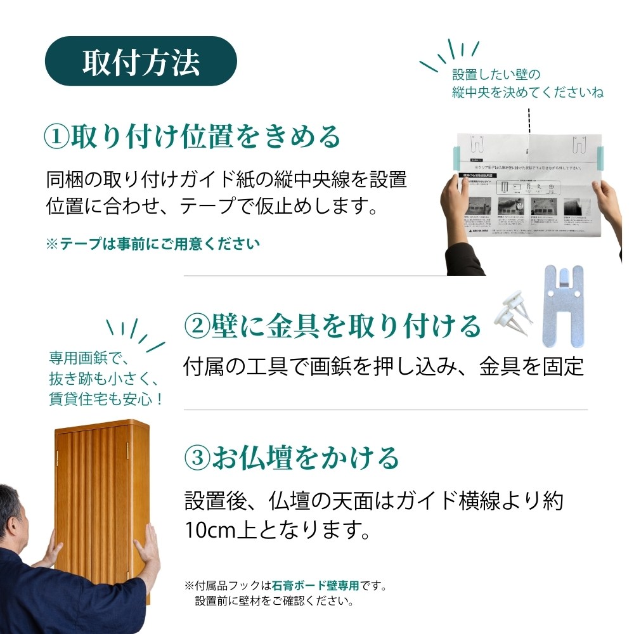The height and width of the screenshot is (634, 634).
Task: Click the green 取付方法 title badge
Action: (140, 61)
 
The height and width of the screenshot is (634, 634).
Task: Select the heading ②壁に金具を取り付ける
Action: (332, 326)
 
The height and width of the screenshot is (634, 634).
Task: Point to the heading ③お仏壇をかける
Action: (291, 458)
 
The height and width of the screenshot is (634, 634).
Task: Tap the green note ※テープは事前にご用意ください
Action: (153, 244)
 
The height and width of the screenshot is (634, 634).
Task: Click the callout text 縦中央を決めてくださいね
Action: (527, 93)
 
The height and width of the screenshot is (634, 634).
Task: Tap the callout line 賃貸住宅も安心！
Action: (106, 399)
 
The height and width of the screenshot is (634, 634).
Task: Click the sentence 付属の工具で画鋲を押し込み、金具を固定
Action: (383, 366)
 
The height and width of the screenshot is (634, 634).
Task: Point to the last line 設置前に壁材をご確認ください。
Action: (274, 600)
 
